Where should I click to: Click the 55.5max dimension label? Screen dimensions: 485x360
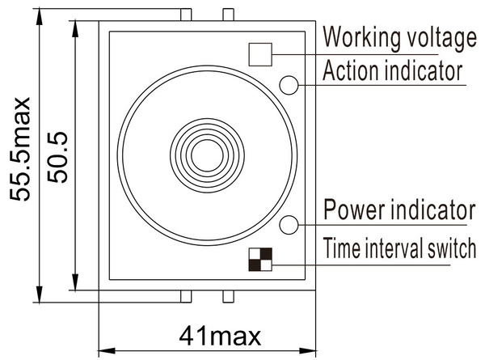point(19,149)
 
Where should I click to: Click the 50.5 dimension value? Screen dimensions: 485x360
point(57,157)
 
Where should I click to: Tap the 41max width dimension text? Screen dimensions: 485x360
point(220,337)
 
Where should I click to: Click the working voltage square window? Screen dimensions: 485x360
point(260,54)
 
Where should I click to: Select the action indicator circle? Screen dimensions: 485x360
point(289,85)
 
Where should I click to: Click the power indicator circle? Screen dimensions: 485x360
point(289,225)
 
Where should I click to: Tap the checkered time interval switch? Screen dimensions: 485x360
point(260,260)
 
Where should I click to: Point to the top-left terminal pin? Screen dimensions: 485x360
point(186,15)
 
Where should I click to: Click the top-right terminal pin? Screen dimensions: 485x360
point(228,15)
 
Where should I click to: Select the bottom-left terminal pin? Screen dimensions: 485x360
point(186,297)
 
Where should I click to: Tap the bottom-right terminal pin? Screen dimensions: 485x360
point(228,297)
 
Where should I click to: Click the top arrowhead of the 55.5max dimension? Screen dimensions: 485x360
point(40,16)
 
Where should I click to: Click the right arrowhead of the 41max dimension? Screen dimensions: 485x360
point(308,351)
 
